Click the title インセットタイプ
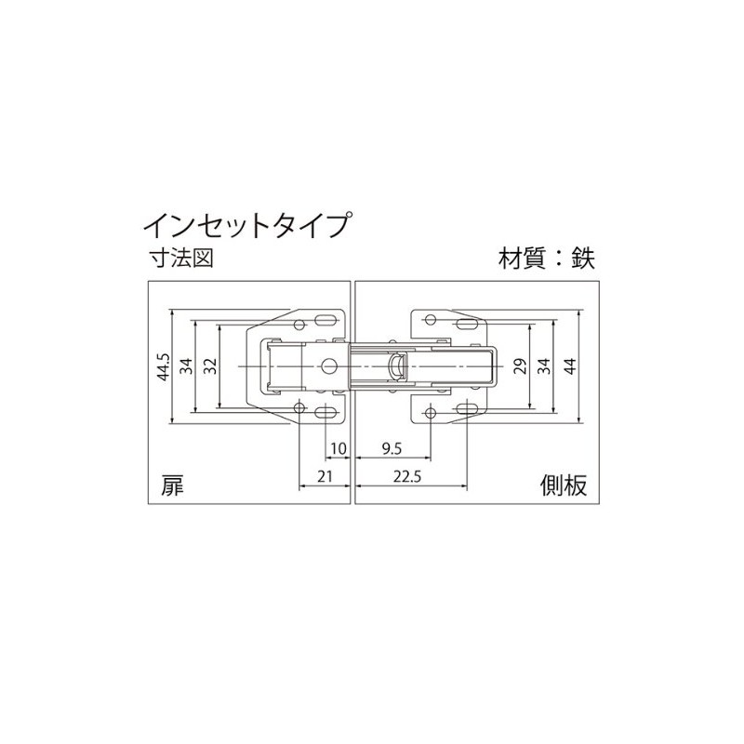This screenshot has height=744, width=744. (x=246, y=225)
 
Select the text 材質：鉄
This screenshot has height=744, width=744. (x=545, y=258)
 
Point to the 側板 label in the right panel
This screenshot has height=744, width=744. (x=564, y=485)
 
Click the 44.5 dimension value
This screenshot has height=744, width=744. (x=163, y=365)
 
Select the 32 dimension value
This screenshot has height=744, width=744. (x=209, y=365)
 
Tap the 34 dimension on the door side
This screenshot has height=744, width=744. (x=186, y=365)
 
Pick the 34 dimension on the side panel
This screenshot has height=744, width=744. (x=545, y=365)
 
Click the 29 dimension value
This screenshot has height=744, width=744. (x=521, y=365)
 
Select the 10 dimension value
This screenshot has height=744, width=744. (x=338, y=448)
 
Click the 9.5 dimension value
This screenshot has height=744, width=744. (x=392, y=448)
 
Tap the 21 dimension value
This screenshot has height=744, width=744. (x=325, y=476)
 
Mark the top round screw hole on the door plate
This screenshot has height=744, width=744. (x=299, y=323)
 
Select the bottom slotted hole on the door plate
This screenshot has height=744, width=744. (x=327, y=410)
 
